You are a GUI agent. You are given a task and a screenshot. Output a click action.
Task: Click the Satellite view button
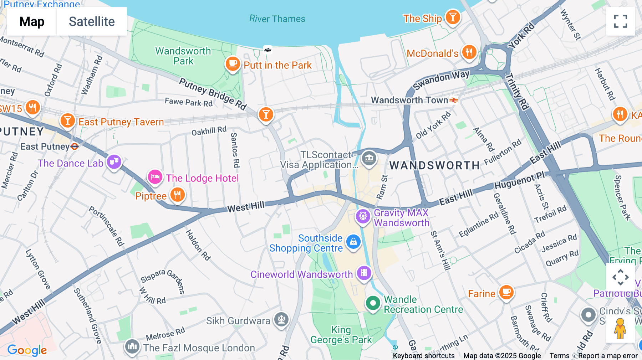(x=92, y=21)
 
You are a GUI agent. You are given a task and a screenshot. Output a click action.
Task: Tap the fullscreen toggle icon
(x=620, y=21)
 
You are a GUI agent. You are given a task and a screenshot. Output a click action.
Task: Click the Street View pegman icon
(x=620, y=329)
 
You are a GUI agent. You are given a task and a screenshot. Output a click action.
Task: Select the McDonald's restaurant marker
(x=469, y=52)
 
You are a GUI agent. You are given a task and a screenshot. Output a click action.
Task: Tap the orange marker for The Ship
(x=453, y=17)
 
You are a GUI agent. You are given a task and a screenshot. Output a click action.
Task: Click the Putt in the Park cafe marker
(x=233, y=64)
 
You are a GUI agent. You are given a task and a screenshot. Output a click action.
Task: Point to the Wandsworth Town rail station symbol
(x=454, y=101)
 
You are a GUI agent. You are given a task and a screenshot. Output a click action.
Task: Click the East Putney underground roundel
(x=75, y=146)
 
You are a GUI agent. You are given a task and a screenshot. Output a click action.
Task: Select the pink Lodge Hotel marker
(x=155, y=177)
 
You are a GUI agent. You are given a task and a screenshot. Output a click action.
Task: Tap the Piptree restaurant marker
(x=177, y=195)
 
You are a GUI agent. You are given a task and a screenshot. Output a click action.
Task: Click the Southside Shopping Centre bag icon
(x=353, y=242)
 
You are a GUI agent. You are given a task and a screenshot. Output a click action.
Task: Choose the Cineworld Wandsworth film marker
(x=364, y=273)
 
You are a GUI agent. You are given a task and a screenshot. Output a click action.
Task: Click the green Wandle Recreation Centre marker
(x=373, y=303)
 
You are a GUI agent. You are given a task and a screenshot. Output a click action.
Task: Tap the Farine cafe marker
(x=506, y=292)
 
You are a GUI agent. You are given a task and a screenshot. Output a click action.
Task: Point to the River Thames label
(x=277, y=19)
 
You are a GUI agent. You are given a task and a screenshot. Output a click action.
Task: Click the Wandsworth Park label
(x=183, y=56)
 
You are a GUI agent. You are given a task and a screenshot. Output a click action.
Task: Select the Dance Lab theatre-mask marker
(x=114, y=162)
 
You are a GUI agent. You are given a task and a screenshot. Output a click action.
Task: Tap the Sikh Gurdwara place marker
(x=281, y=319)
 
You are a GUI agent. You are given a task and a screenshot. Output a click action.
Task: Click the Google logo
(x=27, y=350)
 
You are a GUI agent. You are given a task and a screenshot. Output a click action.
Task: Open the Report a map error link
(x=608, y=356)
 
